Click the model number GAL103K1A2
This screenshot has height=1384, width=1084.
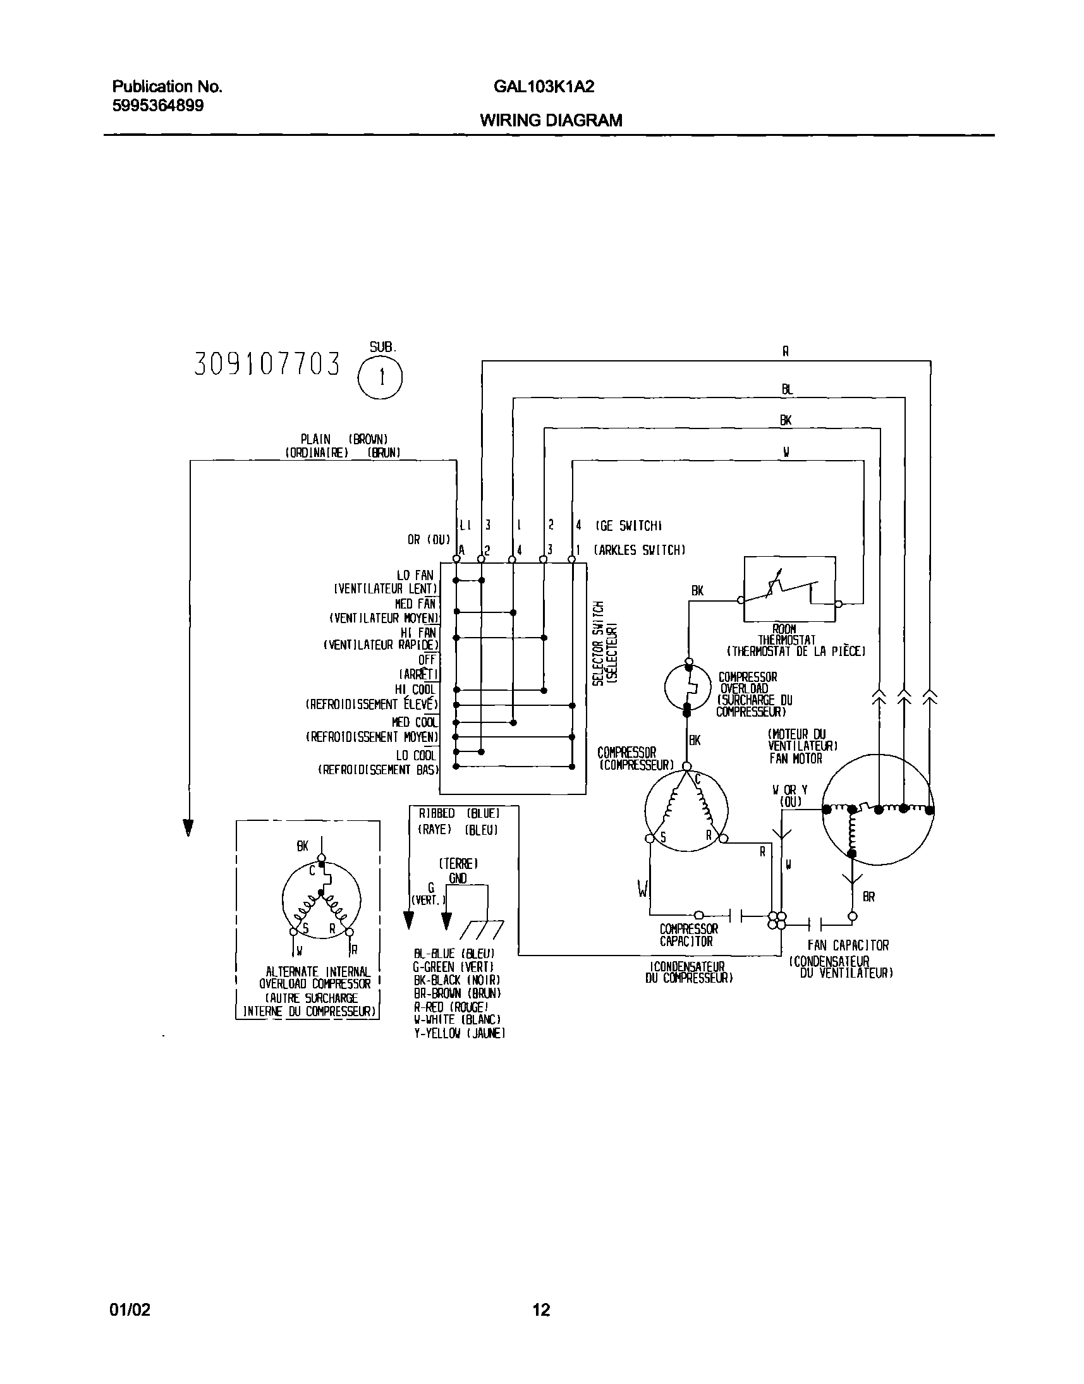[x=544, y=87]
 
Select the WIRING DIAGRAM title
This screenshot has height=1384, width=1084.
[x=551, y=120]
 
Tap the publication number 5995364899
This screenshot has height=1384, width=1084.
[x=158, y=106]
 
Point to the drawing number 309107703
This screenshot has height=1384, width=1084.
[x=267, y=364]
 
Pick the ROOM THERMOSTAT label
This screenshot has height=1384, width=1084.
[x=786, y=634]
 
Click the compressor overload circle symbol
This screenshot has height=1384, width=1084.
[x=687, y=687]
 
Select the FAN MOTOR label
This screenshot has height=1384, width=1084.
[x=795, y=758]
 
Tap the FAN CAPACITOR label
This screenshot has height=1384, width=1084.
[x=848, y=945]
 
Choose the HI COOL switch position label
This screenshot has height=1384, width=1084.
[x=415, y=689]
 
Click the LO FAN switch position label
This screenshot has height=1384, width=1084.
[x=415, y=576]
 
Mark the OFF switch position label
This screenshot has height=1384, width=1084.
[x=427, y=660]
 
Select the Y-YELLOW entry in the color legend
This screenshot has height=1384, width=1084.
[x=459, y=1034]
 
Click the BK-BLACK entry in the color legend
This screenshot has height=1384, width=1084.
[x=457, y=980]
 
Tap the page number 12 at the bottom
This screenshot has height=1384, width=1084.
[x=541, y=1309]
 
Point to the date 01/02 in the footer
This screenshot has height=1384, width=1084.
[x=130, y=1309]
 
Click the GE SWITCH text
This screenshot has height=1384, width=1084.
[x=628, y=525]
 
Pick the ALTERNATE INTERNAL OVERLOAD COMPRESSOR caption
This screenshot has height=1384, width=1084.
[x=314, y=978]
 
